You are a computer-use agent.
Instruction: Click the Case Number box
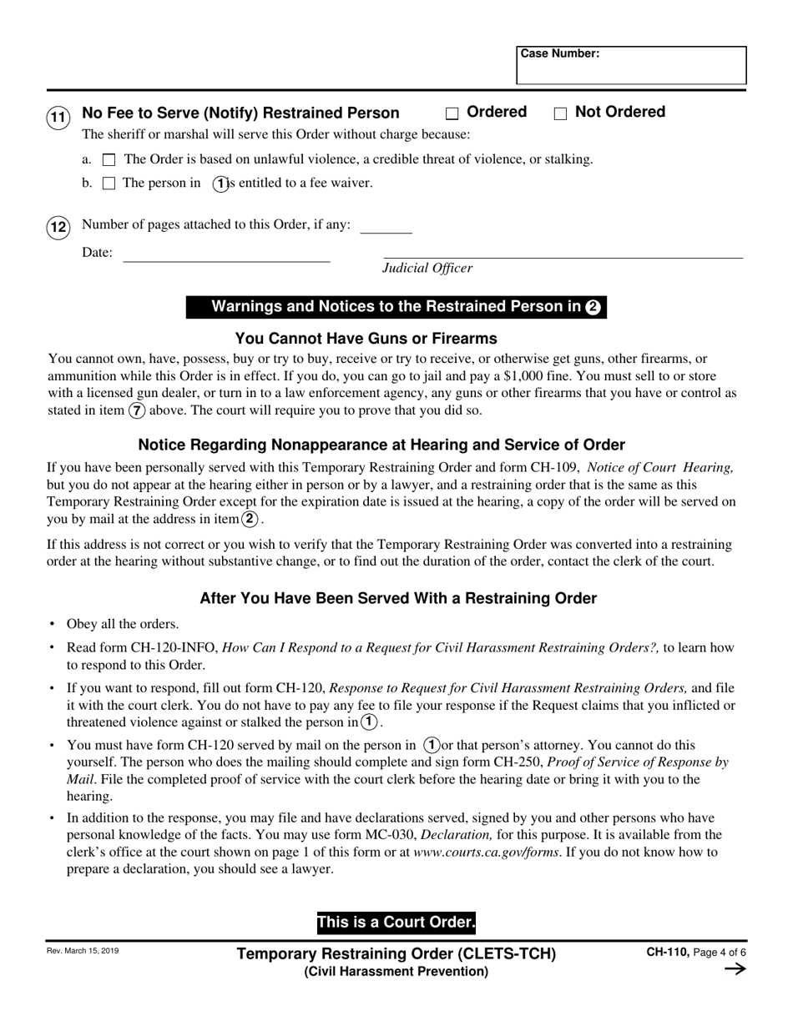click(631, 66)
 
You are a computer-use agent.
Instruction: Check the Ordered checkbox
click(452, 113)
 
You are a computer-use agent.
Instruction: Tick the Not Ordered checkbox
click(561, 113)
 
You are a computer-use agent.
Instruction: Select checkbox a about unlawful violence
click(109, 159)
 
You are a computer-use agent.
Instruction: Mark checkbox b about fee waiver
click(109, 184)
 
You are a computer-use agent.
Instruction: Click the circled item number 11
click(57, 118)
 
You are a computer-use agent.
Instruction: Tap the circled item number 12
click(57, 228)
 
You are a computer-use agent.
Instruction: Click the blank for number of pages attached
click(386, 226)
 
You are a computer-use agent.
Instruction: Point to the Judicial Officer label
click(427, 268)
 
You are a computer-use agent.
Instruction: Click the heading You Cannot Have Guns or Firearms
click(366, 339)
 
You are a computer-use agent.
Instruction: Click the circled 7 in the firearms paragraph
click(137, 410)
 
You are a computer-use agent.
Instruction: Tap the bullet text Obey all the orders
click(123, 624)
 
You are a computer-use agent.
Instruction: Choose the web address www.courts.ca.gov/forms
click(486, 852)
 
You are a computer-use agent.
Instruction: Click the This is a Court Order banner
click(396, 923)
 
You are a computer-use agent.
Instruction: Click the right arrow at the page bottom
click(735, 969)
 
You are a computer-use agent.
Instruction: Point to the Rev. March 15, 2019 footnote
click(82, 950)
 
